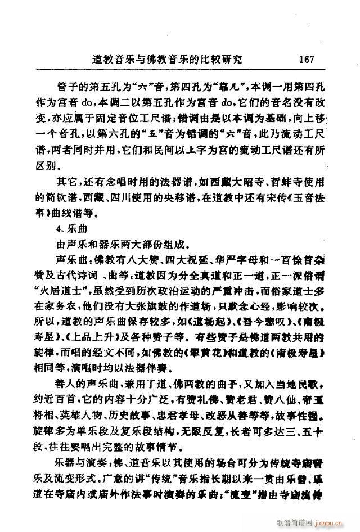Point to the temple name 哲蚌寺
point(274,183)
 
